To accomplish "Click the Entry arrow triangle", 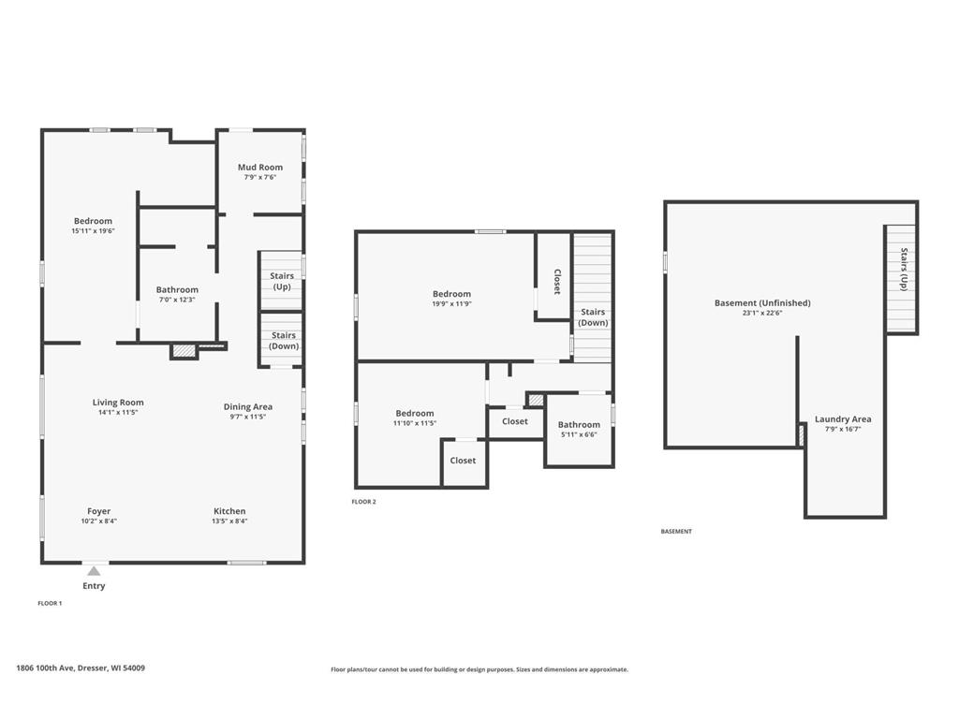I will click(94, 570).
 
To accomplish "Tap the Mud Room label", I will click(260, 168).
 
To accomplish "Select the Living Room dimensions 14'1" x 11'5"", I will click(118, 413).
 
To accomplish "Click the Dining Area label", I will click(248, 406).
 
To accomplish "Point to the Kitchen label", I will click(229, 511).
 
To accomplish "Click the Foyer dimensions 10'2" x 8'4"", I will click(98, 521).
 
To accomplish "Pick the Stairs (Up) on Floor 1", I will click(281, 281).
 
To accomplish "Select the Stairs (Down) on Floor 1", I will click(284, 341).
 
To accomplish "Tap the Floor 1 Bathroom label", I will click(177, 290).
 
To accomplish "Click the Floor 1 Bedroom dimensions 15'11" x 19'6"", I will click(93, 231).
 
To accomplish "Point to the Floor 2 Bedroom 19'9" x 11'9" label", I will click(451, 294).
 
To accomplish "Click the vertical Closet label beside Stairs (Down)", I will click(556, 282).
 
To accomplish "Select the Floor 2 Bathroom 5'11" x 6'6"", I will click(579, 434).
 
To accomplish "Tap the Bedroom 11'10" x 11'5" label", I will click(415, 413).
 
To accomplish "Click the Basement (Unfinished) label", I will click(762, 302).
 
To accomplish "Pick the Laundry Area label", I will click(842, 418).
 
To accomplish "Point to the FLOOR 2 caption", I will click(363, 502).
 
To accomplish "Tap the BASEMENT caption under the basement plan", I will click(676, 531).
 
